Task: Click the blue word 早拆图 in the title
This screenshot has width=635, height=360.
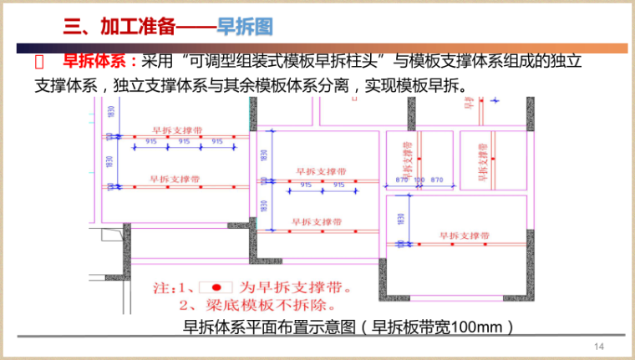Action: pyautogui.click(x=245, y=27)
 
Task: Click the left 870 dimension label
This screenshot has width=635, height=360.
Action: pyautogui.click(x=401, y=180)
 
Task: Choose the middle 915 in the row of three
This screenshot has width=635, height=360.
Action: pyautogui.click(x=184, y=142)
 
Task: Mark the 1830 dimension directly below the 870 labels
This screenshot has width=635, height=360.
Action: pyautogui.click(x=402, y=218)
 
